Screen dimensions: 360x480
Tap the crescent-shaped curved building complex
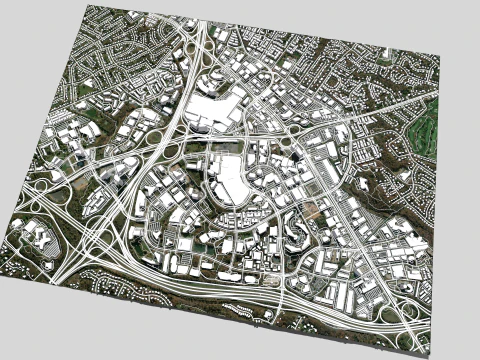pos(296,232)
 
